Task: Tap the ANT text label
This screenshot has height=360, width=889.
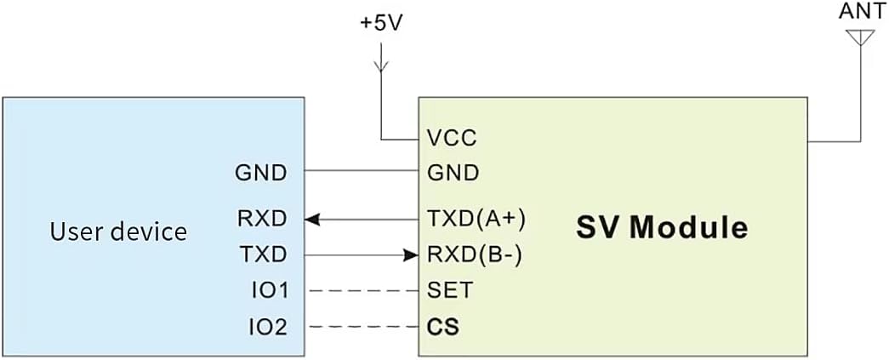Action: tap(861, 13)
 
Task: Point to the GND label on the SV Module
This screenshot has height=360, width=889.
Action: tap(453, 173)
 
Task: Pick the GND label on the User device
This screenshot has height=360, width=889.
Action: tap(260, 173)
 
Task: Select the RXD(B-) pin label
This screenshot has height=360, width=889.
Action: tap(475, 254)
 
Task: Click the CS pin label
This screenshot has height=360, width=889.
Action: tap(442, 326)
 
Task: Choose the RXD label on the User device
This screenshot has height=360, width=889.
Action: tap(261, 219)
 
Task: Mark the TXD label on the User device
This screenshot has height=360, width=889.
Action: tap(261, 254)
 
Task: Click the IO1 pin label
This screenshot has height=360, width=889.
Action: tap(266, 290)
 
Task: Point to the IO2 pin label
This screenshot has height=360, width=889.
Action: tap(266, 326)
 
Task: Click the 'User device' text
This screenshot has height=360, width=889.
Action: tap(118, 231)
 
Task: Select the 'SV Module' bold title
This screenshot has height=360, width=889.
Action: tap(662, 228)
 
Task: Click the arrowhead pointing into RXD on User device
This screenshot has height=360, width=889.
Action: tap(313, 220)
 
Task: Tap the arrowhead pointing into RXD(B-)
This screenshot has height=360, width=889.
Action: tap(412, 254)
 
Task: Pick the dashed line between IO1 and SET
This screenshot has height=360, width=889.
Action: tap(362, 290)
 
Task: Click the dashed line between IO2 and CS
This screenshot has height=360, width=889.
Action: tap(362, 326)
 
